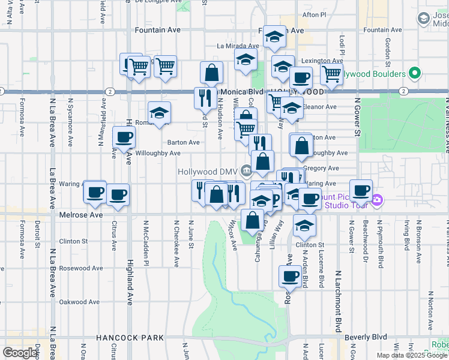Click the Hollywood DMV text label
(x=208, y=172)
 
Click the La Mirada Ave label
(x=238, y=46)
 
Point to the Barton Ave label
(x=183, y=142)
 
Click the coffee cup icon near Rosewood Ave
(x=290, y=276)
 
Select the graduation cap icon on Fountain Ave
(x=274, y=37)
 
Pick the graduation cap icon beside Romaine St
(x=159, y=113)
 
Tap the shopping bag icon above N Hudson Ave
(x=212, y=73)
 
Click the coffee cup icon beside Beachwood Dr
(x=361, y=191)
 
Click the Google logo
(x=20, y=353)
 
